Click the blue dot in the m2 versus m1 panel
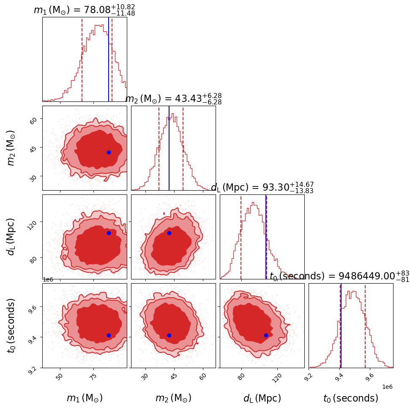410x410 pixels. pyautogui.click(x=109, y=152)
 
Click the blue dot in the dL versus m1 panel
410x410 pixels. pyautogui.click(x=109, y=233)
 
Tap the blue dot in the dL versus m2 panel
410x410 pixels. pyautogui.click(x=169, y=233)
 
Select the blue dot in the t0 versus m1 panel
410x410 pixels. pyautogui.click(x=109, y=335)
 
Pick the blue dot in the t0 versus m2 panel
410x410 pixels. pyautogui.click(x=169, y=335)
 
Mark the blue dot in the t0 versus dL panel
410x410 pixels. pyautogui.click(x=266, y=335)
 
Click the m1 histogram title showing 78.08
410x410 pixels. pyautogui.click(x=84, y=10)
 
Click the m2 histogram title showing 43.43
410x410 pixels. pyautogui.click(x=173, y=99)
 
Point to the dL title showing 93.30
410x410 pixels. pyautogui.click(x=262, y=188)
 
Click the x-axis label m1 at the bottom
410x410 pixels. pyautogui.click(x=85, y=398)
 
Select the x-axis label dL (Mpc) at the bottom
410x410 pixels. pyautogui.click(x=262, y=398)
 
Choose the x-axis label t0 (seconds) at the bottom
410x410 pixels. pyautogui.click(x=351, y=398)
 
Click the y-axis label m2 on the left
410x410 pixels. pyautogui.click(x=11, y=148)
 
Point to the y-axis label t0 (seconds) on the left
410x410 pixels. pyautogui.click(x=11, y=325)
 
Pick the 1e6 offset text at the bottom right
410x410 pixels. pyautogui.click(x=388, y=387)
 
